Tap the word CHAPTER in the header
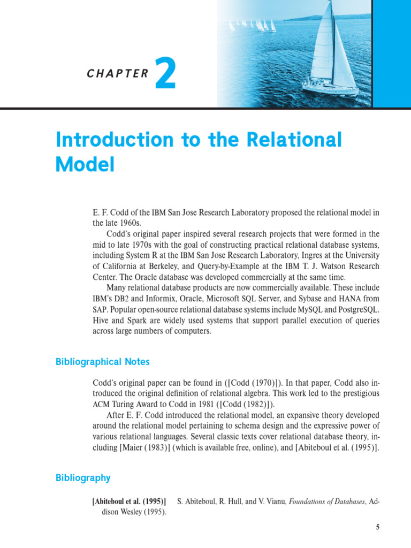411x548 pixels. click(x=118, y=74)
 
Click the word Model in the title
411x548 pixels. click(x=85, y=164)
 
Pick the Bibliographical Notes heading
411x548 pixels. click(x=103, y=362)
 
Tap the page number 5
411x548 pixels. click(x=377, y=527)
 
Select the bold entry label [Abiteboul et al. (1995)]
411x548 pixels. click(x=129, y=501)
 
